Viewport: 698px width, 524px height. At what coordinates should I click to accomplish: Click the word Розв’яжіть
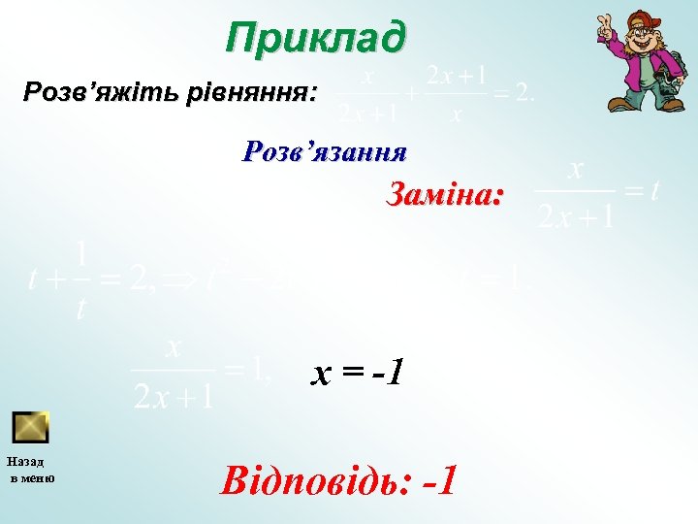(86, 93)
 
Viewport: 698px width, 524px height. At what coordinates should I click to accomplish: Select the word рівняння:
(264, 93)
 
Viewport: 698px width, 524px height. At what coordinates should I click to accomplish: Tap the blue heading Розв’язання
(325, 151)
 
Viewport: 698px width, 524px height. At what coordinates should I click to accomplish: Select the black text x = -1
(357, 371)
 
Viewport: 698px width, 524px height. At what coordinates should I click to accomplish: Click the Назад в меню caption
(31, 469)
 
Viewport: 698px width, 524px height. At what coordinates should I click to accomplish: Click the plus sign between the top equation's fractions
(412, 95)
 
